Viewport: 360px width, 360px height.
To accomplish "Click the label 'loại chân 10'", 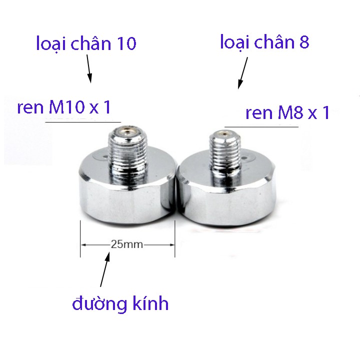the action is pyautogui.click(x=86, y=44).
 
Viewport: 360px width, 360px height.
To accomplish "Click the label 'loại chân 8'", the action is pyautogui.click(x=265, y=42).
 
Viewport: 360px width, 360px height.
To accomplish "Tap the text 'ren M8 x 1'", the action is pyautogui.click(x=287, y=113).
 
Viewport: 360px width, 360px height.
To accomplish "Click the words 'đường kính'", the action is pyautogui.click(x=120, y=303).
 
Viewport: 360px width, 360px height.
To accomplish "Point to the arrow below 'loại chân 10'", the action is pyautogui.click(x=89, y=69).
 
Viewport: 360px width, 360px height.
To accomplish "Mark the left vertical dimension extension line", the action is pyautogui.click(x=80, y=239).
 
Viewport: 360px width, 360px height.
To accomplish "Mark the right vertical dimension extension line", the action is pyautogui.click(x=174, y=239).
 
